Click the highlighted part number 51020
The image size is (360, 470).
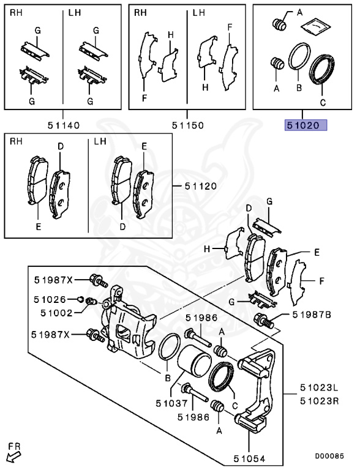pyautogui.click(x=305, y=125)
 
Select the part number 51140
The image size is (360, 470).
pyautogui.click(x=63, y=125)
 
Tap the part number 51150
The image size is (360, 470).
pyautogui.click(x=187, y=125)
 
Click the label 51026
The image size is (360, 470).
pyautogui.click(x=51, y=299)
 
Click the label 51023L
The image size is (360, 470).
pyautogui.click(x=318, y=388)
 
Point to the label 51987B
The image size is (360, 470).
pyautogui.click(x=312, y=315)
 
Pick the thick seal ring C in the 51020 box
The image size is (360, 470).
pyautogui.click(x=323, y=69)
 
